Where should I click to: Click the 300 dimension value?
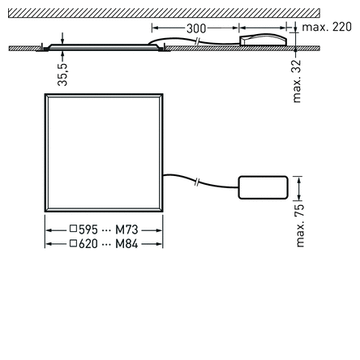click(x=196, y=28)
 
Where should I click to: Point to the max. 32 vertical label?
click(x=297, y=80)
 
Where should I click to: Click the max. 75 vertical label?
click(x=300, y=225)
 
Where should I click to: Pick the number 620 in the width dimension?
click(x=88, y=242)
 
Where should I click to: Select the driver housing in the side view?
click(x=263, y=38)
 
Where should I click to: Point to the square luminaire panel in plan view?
click(x=103, y=155)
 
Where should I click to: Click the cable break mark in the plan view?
click(x=199, y=181)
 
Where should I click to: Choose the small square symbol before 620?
click(x=73, y=242)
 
